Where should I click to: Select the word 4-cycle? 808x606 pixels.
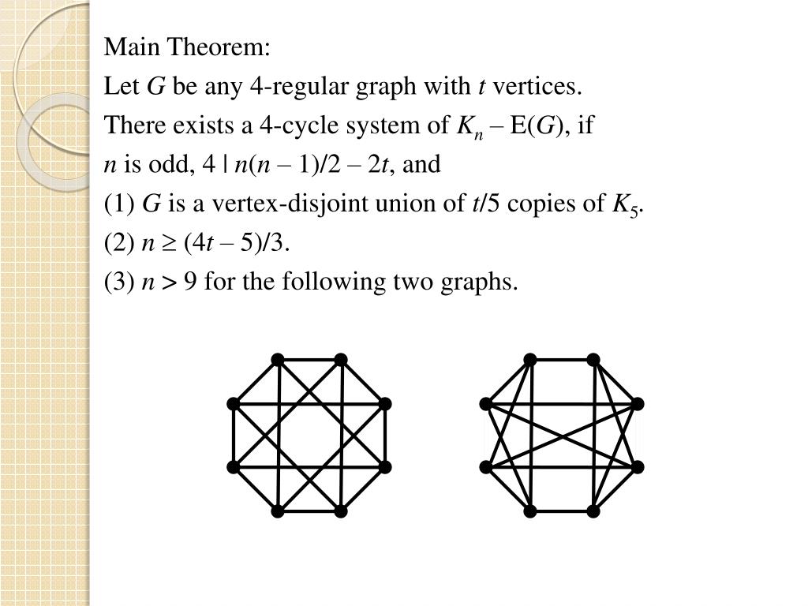point(391,125)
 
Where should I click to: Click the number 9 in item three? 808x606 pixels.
point(190,282)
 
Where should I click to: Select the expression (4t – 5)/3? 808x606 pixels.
point(237,242)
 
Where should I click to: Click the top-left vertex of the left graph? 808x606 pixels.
point(277,360)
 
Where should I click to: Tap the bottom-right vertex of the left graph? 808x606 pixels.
point(340,511)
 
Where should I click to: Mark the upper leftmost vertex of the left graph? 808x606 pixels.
point(233,404)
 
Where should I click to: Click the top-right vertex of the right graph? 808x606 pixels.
point(593,360)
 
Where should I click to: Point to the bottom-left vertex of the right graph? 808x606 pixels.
point(529,511)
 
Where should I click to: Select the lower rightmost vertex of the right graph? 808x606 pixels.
point(637,467)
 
